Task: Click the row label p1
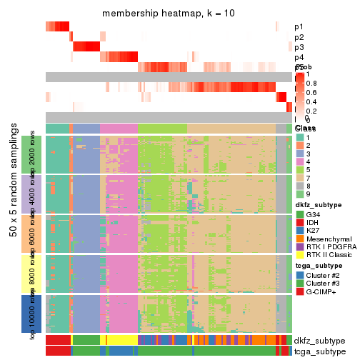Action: point(299,27)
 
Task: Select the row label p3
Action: point(299,47)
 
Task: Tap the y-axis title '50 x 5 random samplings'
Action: point(14,214)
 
